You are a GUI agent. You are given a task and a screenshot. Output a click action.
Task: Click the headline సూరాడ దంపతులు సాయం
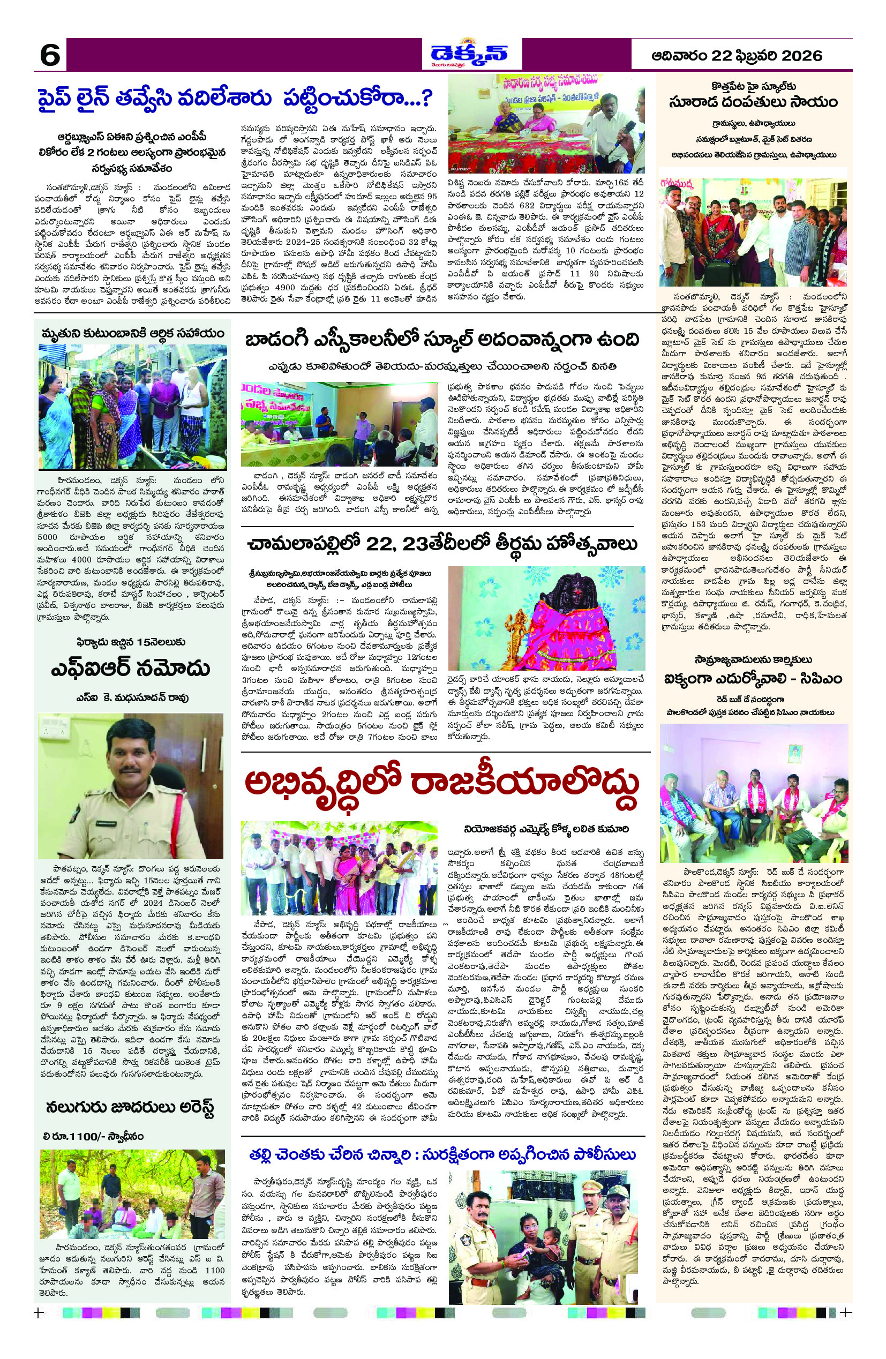tap(754, 102)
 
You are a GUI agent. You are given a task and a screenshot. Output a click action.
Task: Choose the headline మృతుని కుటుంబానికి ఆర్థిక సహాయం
tap(132, 334)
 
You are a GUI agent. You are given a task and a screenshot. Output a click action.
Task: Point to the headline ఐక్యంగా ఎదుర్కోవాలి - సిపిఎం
tap(754, 678)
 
